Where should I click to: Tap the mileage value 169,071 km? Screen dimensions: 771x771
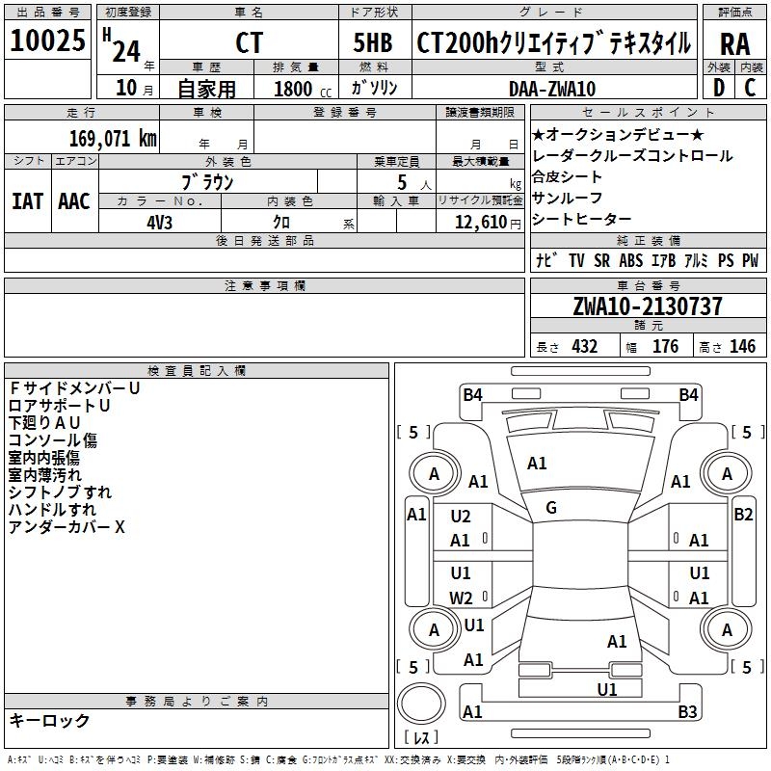[x=113, y=138]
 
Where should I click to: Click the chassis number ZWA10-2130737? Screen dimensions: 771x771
[x=647, y=306]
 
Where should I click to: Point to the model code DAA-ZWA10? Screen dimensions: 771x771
[x=552, y=89]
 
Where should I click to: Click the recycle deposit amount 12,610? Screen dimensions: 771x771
[x=479, y=222]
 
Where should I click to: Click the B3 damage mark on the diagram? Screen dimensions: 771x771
[x=687, y=712]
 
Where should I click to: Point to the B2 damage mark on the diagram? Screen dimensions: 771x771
[x=742, y=515]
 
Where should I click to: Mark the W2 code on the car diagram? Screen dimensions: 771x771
[x=461, y=598]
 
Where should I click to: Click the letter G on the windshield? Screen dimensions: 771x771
[x=551, y=508]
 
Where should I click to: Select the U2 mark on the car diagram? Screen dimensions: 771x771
[x=461, y=517]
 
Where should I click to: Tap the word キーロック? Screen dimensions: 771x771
[x=49, y=720]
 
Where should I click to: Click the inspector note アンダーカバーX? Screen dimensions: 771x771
[x=66, y=527]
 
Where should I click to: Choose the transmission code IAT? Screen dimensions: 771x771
[x=27, y=200]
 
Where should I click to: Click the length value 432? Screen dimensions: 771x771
[x=584, y=347]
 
